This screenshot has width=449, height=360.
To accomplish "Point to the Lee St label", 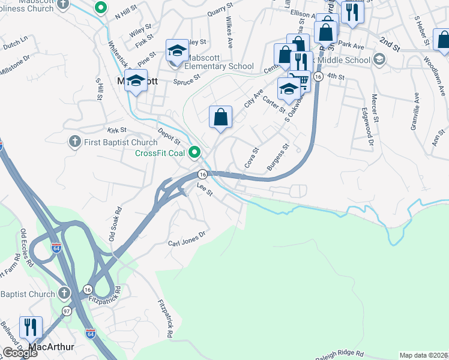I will (x=205, y=190).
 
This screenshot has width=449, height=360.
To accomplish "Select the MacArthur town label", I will (x=52, y=347).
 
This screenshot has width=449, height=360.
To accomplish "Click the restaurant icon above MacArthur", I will (x=31, y=328).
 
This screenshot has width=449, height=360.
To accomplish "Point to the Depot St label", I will (x=169, y=136).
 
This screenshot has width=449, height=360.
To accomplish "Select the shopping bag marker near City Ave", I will (x=220, y=118).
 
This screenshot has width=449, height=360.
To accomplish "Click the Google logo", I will (x=20, y=353).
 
